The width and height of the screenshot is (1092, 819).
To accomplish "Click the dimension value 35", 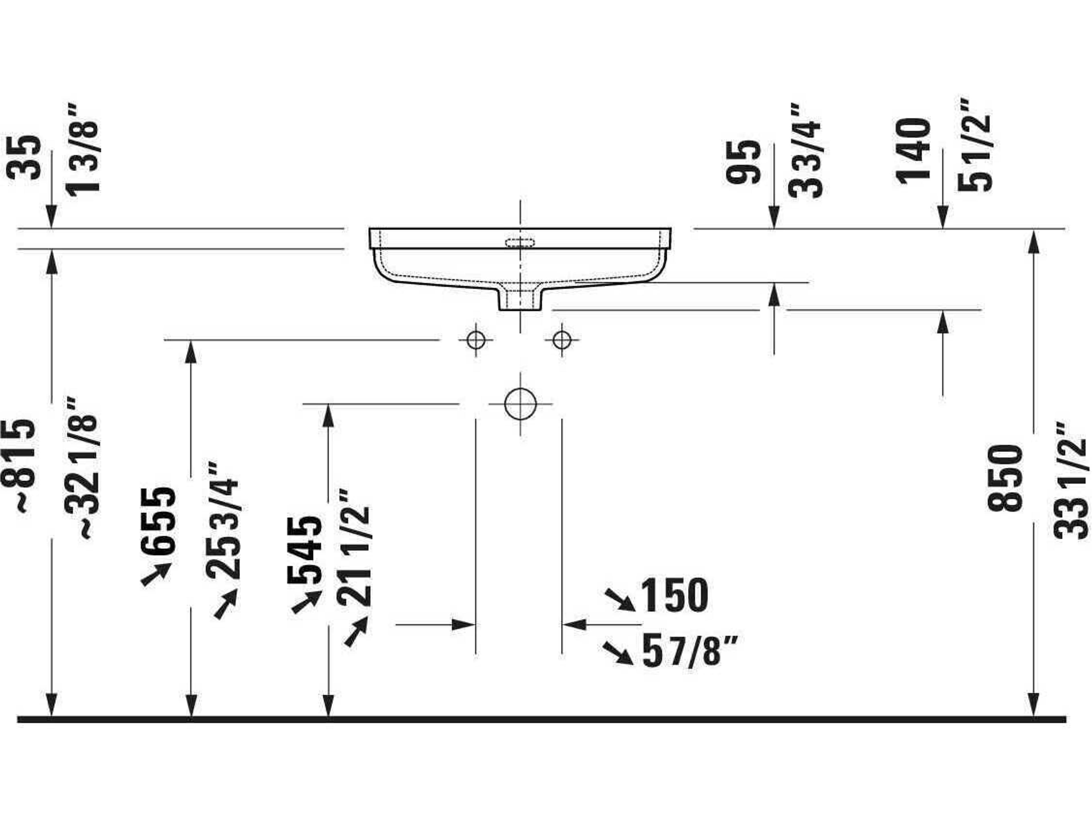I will tap(24, 157).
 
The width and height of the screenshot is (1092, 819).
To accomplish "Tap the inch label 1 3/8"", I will tap(82, 150).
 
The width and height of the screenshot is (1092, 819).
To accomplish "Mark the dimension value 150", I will tap(674, 596).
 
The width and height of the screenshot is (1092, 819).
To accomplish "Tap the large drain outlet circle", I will tap(520, 404).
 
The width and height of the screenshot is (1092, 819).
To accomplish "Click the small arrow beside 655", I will tap(156, 575).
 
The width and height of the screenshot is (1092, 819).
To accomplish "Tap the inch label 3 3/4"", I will tap(805, 150).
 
